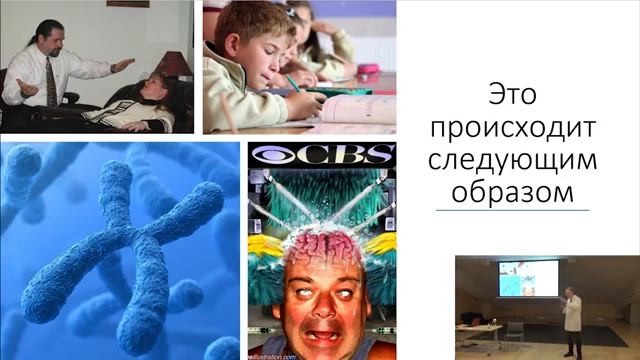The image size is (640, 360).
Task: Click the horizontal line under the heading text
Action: [x=512, y=210]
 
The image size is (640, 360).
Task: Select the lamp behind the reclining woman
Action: [x=176, y=62]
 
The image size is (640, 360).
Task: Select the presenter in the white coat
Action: [x=572, y=320]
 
